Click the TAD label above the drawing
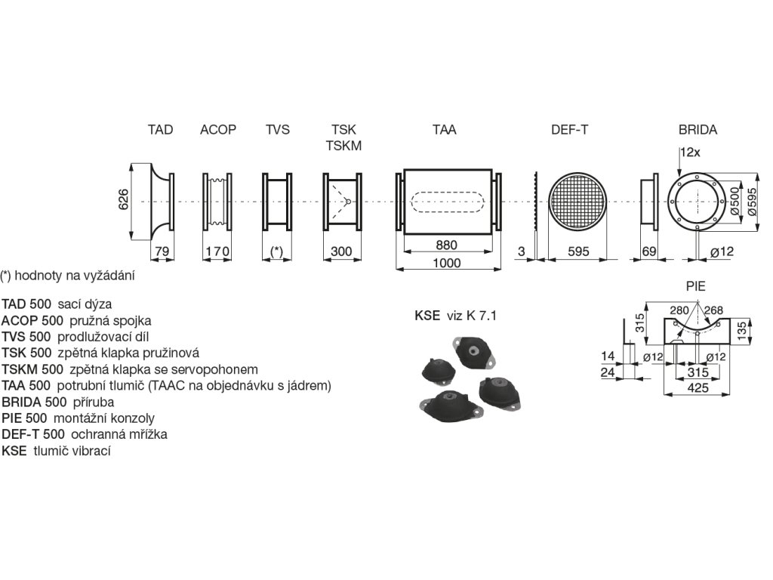tap(160, 130)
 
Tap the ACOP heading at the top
tap(218, 130)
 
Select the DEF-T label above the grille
tap(569, 130)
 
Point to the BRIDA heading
tap(698, 130)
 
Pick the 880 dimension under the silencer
tap(447, 245)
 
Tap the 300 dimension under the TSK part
tap(342, 251)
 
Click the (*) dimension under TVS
tap(277, 251)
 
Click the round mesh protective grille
tap(578, 202)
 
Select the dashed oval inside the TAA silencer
tap(448, 202)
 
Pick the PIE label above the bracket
tap(695, 287)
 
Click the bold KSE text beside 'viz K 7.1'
tap(427, 316)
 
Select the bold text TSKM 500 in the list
tap(33, 369)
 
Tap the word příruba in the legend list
tap(92, 402)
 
